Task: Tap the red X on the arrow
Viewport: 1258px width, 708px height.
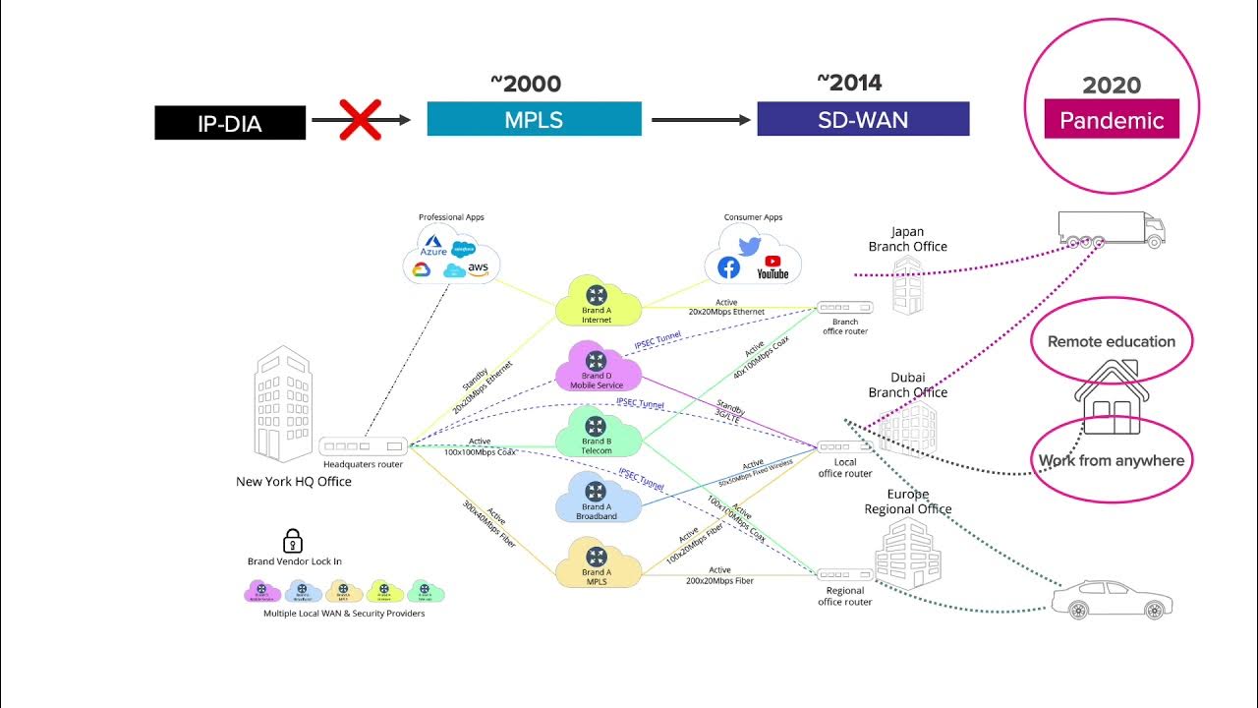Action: [360, 120]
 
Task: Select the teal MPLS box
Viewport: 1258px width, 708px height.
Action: [534, 119]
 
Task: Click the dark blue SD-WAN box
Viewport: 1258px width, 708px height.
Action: [863, 119]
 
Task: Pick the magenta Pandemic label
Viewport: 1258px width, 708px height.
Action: [1112, 119]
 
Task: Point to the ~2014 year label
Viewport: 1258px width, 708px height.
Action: [849, 83]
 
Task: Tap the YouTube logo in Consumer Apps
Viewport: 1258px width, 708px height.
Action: [772, 266]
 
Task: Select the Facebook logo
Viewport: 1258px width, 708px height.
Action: [728, 267]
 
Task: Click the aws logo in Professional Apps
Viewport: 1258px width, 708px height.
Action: [478, 268]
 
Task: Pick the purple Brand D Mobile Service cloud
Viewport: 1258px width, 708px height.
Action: [597, 368]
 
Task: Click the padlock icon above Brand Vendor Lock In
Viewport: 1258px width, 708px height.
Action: [292, 540]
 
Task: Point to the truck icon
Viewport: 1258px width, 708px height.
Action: [1112, 230]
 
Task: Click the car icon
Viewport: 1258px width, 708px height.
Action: [1112, 600]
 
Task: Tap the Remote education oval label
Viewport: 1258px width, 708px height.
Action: [1112, 342]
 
